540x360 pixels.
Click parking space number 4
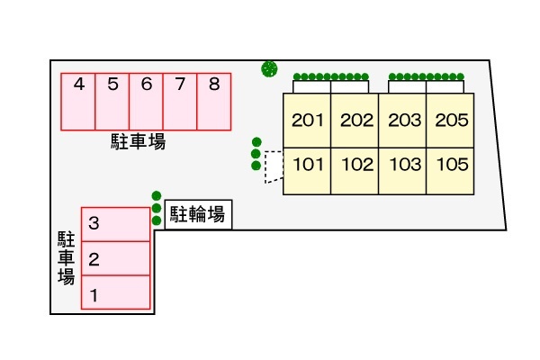78,101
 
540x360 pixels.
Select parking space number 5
112,101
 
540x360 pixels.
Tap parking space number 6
146,101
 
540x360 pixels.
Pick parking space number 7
180,101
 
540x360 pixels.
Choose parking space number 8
214,101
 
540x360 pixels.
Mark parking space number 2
116,258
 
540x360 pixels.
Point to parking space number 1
116,292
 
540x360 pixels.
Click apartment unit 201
307,121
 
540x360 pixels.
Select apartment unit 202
355,121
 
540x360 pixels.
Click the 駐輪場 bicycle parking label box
197,214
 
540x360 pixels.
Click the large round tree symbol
268,67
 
